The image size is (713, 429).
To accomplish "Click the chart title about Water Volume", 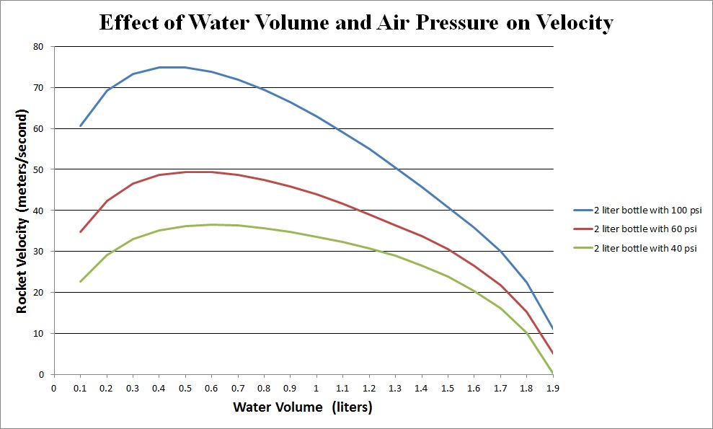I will (x=355, y=23).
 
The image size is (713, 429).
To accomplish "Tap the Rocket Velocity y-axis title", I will (x=22, y=211).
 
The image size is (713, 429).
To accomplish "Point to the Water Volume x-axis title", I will (x=302, y=407).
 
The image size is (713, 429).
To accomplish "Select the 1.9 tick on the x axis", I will (x=553, y=389).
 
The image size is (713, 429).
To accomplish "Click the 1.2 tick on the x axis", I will (x=369, y=389).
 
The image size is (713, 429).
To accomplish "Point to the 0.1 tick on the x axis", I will (x=80, y=389).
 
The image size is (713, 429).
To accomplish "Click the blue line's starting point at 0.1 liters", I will (x=80, y=126).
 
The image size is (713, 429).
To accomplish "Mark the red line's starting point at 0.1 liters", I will (x=80, y=232).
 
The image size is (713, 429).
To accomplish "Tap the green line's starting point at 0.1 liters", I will (x=80, y=282).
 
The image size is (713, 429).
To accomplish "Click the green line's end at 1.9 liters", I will (x=552, y=373).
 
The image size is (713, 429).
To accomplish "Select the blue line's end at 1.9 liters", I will (x=552, y=329).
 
